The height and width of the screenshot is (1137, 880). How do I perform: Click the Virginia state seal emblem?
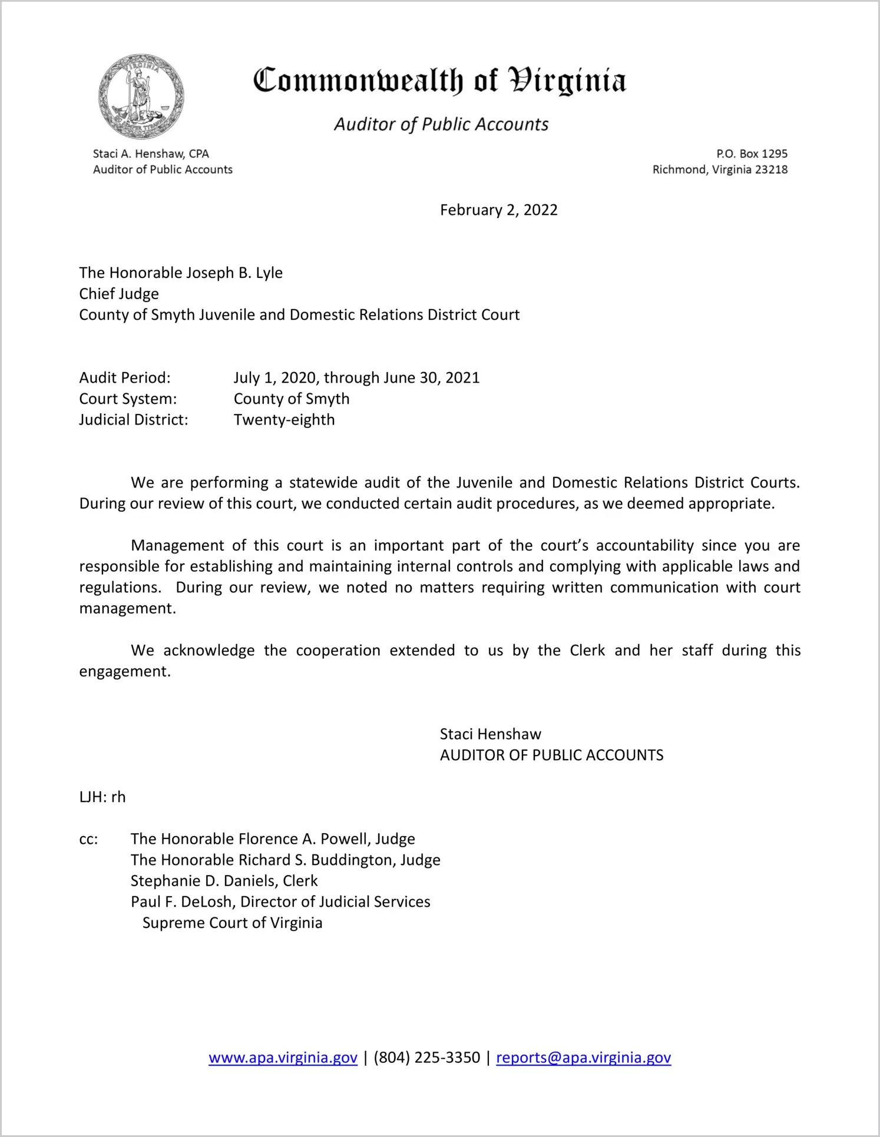(141, 97)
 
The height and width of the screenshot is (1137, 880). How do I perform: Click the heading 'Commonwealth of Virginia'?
(439, 81)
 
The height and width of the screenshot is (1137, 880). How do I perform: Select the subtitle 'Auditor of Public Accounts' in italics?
(441, 124)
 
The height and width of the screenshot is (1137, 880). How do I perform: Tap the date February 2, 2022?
(498, 210)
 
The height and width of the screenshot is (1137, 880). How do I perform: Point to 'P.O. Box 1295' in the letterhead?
(752, 154)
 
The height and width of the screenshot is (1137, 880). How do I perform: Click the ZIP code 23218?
(771, 170)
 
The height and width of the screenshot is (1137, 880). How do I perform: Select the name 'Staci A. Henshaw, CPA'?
(151, 154)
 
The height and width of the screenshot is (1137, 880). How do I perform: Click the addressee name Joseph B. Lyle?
(234, 273)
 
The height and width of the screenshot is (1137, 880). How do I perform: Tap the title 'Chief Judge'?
(119, 294)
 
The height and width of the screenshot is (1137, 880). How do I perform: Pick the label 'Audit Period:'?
(125, 377)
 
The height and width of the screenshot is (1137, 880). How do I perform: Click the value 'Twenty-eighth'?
(284, 420)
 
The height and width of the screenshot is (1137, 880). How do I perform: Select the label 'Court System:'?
(128, 399)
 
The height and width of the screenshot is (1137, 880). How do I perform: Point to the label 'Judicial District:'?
(134, 420)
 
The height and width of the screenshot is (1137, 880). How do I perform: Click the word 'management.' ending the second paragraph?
(128, 608)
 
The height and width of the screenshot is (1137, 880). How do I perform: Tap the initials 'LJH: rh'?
(102, 797)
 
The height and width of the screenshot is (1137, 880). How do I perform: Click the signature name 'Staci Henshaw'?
(490, 734)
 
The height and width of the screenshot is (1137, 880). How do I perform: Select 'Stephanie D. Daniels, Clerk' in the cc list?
(224, 881)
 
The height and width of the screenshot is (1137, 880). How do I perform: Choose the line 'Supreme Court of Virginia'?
(232, 923)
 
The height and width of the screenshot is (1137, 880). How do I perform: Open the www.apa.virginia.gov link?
(283, 1058)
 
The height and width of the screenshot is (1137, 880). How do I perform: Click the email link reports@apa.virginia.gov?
(583, 1058)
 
